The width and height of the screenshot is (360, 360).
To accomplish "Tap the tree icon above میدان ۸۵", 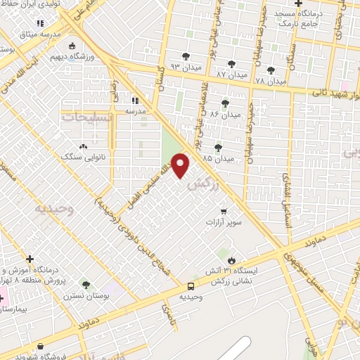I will pos(218,147).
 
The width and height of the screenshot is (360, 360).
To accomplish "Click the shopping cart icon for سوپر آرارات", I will pos(224,210).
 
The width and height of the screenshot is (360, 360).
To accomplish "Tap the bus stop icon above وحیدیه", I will pos(191,285).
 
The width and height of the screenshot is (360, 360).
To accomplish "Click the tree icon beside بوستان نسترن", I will pos(86,285).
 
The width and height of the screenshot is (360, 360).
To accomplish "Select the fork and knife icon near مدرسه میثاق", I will pos(40,24).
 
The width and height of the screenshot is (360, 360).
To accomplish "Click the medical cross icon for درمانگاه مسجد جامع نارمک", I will pos(299,4).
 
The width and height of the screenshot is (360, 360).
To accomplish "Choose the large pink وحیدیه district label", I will pos(55,209).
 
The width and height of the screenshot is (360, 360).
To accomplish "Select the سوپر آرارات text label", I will pos(224,222).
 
